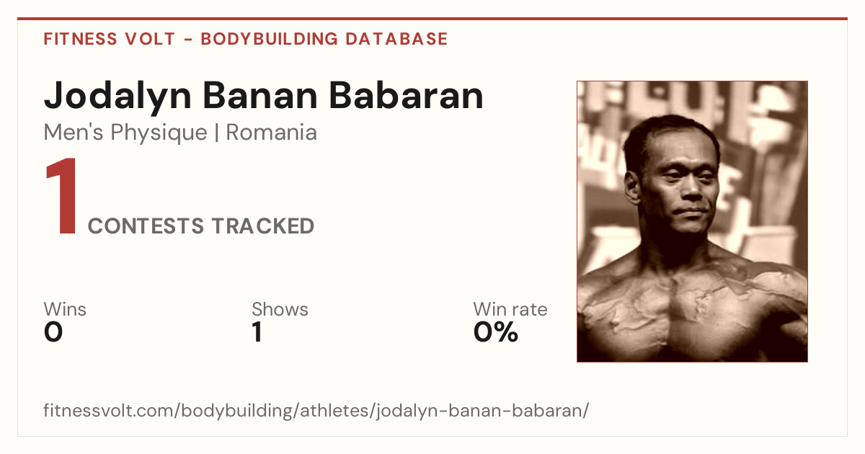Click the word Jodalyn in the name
[x=117, y=97]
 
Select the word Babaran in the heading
[x=407, y=95]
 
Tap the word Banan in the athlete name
[x=260, y=95]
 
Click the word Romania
[x=272, y=133]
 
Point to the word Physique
[x=159, y=133]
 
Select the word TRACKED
[x=262, y=226]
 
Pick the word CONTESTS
[x=146, y=226]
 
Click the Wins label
[x=65, y=309]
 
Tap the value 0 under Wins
[x=53, y=332]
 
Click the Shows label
[x=280, y=309]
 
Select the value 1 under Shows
[x=257, y=332]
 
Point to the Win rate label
[x=510, y=309]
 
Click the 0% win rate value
[x=496, y=332]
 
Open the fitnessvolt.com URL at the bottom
[x=316, y=411]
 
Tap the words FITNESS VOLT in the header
[x=110, y=39]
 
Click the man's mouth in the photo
[x=691, y=211]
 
